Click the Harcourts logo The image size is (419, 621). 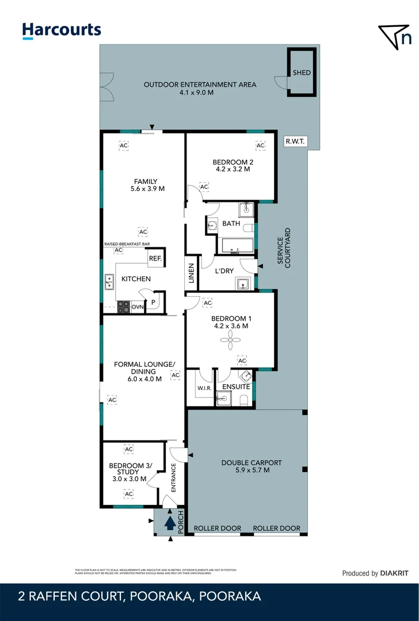(x=62, y=30)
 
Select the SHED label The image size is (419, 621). (x=301, y=73)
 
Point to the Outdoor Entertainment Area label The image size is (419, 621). (x=200, y=85)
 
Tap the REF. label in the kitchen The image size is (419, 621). (x=155, y=259)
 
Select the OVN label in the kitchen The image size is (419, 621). (x=137, y=308)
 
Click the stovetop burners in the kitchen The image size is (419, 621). (x=124, y=307)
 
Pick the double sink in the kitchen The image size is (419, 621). (x=109, y=282)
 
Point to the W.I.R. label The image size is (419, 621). (x=204, y=388)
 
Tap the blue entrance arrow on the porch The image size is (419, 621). (x=170, y=523)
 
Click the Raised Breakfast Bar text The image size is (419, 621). (x=127, y=244)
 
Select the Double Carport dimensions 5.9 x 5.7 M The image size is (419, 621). (x=245, y=470)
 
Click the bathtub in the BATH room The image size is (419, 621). (x=235, y=246)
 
